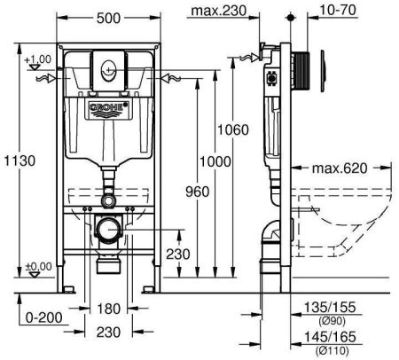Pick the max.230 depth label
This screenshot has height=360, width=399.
coord(219,11)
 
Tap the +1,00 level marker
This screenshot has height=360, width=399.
coord(38,59)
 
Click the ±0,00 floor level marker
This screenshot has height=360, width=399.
coord(38,266)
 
